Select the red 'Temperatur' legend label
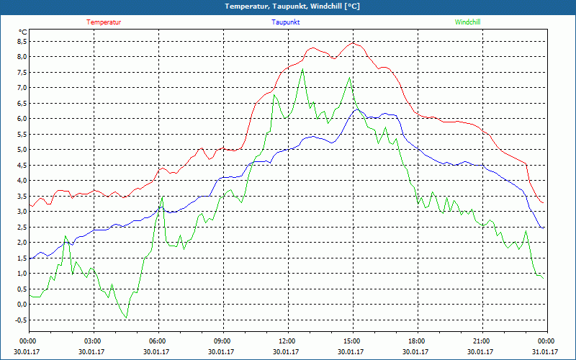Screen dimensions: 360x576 tap(104, 22)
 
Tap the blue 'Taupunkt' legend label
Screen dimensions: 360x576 tap(286, 22)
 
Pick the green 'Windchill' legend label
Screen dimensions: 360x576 tap(468, 22)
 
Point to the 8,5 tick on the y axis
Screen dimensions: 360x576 tap(21, 41)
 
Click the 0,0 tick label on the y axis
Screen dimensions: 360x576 tap(21, 305)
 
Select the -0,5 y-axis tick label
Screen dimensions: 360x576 tap(19, 320)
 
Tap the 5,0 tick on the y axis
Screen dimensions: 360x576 tap(21, 150)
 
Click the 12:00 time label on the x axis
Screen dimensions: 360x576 tap(287, 341)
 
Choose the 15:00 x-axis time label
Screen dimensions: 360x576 tap(351, 341)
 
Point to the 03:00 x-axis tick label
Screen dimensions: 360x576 tap(93, 341)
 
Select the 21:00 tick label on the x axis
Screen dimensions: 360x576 tap(481, 341)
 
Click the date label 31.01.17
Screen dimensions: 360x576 tap(546, 352)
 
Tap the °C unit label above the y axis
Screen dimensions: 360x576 tap(23, 32)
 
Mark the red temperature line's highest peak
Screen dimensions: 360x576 tap(353, 42)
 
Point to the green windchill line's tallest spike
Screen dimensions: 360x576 tap(303, 68)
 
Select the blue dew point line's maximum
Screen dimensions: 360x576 tap(356, 110)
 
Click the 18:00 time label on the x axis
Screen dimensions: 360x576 tap(416, 341)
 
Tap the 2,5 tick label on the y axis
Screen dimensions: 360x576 tap(21, 227)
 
